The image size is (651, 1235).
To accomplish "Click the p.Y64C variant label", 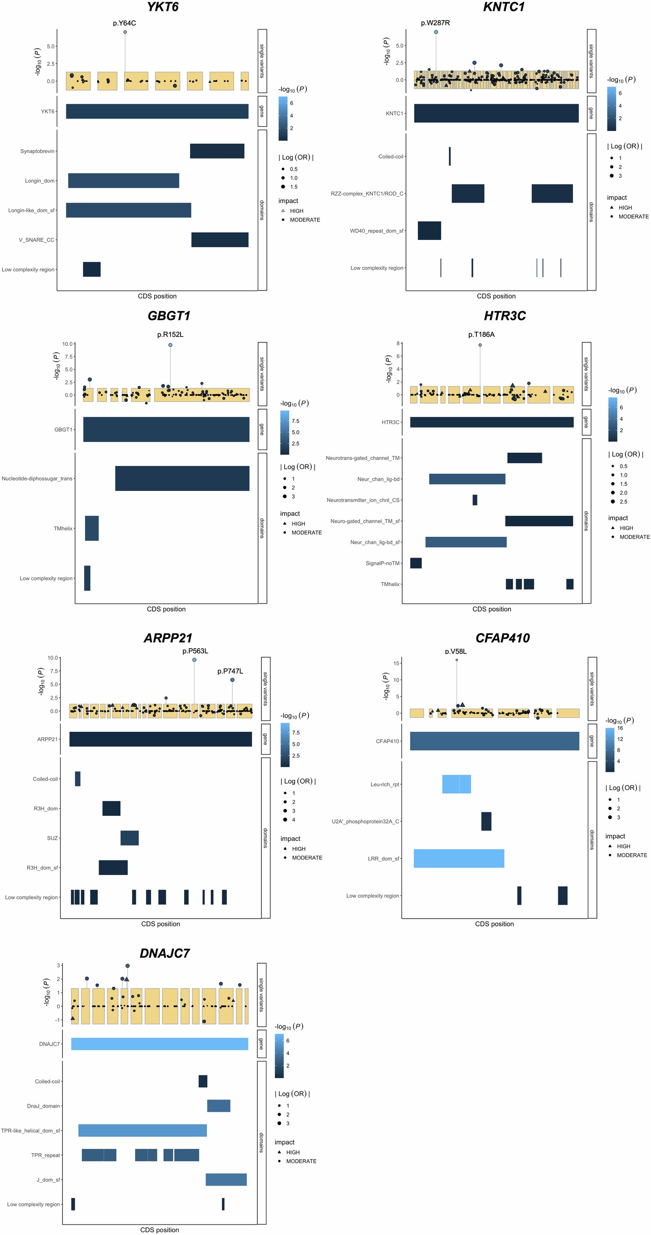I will pyautogui.click(x=124, y=23).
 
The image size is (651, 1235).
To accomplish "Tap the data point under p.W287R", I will pyautogui.click(x=436, y=32).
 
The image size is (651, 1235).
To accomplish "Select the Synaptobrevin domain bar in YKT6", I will pyautogui.click(x=217, y=151).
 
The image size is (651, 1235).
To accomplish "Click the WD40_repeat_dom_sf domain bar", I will pyautogui.click(x=429, y=230).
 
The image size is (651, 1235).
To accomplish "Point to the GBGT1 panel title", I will pyautogui.click(x=169, y=316).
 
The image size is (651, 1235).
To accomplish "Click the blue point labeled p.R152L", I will pyautogui.click(x=170, y=345).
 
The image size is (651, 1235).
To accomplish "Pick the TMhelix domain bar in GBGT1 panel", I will pyautogui.click(x=91, y=528).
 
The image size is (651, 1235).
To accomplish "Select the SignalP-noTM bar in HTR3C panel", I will pyautogui.click(x=416, y=563).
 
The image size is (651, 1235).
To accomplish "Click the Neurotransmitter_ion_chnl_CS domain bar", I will pyautogui.click(x=475, y=500).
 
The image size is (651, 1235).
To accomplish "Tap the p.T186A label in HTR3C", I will pyautogui.click(x=481, y=335).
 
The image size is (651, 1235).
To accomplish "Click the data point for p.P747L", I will pyautogui.click(x=232, y=680).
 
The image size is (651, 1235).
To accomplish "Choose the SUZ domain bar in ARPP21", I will pyautogui.click(x=130, y=838).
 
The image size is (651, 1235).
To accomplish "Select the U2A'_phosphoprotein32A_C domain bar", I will pyautogui.click(x=486, y=821).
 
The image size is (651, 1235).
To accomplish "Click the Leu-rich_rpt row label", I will pyautogui.click(x=384, y=785).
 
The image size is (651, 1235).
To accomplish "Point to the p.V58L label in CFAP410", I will pyautogui.click(x=456, y=651).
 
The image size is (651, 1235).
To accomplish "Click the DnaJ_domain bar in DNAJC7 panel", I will pyautogui.click(x=219, y=1105).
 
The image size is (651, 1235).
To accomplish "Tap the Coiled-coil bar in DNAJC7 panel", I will pyautogui.click(x=203, y=1081).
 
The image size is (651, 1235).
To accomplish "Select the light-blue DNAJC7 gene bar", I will pyautogui.click(x=160, y=1044).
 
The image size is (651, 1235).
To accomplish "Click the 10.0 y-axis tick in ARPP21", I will pyautogui.click(x=52, y=658).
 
